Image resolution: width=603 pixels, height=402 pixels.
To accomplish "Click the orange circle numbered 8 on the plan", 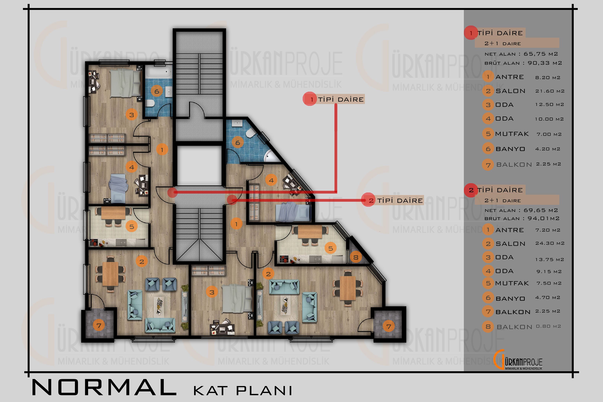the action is (x=356, y=257).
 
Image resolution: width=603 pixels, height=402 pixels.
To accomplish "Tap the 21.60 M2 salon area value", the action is (x=550, y=91).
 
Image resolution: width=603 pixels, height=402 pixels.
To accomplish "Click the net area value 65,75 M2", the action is (x=541, y=54).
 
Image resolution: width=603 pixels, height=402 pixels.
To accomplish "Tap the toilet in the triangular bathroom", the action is (x=250, y=133).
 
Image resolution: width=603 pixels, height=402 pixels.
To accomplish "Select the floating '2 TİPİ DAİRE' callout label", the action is (x=392, y=200).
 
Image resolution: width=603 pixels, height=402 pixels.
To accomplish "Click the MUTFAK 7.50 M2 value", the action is (x=549, y=283).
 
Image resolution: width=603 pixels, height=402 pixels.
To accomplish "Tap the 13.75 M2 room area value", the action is (x=549, y=259).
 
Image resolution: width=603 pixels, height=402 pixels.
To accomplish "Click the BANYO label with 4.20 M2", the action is (x=510, y=149).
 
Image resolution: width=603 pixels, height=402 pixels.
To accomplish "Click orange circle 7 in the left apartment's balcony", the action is (x=99, y=326).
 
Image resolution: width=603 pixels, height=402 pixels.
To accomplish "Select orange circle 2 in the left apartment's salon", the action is (x=142, y=261).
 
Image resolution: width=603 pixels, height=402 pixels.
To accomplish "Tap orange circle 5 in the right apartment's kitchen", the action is (x=331, y=248).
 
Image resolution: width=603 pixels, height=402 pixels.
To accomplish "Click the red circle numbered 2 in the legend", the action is (x=471, y=190).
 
